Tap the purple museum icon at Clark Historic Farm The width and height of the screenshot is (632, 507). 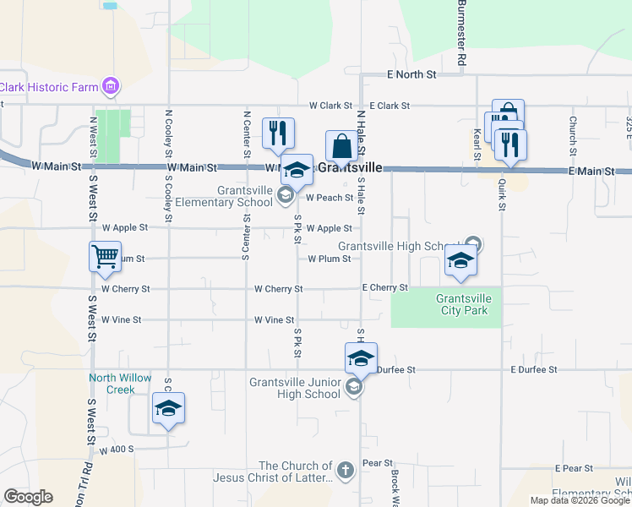[x=110, y=86]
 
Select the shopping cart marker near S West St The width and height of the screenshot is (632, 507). [x=106, y=256]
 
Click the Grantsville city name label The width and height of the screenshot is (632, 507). [x=351, y=168]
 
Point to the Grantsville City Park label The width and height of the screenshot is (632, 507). [x=462, y=304]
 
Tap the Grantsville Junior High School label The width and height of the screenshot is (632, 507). [x=295, y=388]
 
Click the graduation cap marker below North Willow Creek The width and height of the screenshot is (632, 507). [x=168, y=409]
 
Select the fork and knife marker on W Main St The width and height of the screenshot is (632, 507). [x=277, y=133]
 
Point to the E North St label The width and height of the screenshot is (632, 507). [x=411, y=75]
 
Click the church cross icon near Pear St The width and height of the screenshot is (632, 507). [x=345, y=472]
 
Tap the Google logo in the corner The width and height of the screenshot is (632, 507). [x=28, y=497]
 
